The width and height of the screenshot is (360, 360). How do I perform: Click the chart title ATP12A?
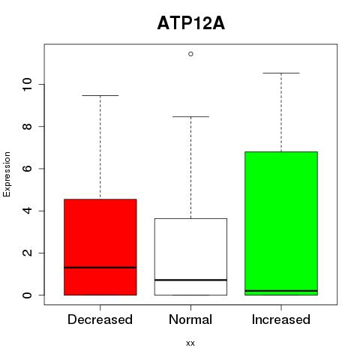pyautogui.click(x=191, y=23)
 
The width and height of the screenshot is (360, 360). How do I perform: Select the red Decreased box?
pyautogui.click(x=100, y=247)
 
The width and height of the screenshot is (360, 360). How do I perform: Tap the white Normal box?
pyautogui.click(x=190, y=256)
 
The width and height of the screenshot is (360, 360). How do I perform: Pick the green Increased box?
pyautogui.click(x=281, y=223)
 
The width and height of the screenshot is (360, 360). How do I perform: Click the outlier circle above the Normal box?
pyautogui.click(x=190, y=54)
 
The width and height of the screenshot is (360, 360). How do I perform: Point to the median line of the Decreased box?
pyautogui.click(x=100, y=268)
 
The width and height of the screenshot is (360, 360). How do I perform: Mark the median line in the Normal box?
pyautogui.click(x=190, y=280)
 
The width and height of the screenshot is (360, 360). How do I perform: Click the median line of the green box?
pyautogui.click(x=281, y=291)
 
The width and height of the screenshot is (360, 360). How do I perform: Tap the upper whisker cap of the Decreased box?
pyautogui.click(x=100, y=95)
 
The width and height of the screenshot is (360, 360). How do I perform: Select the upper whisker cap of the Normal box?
pyautogui.click(x=190, y=116)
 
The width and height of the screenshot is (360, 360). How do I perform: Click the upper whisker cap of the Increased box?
pyautogui.click(x=281, y=73)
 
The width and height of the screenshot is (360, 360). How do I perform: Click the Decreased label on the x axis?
pyautogui.click(x=100, y=319)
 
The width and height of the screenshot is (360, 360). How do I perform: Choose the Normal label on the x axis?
pyautogui.click(x=190, y=319)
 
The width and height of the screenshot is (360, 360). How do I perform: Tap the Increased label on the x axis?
pyautogui.click(x=281, y=319)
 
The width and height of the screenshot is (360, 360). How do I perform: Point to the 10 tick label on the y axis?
pyautogui.click(x=27, y=84)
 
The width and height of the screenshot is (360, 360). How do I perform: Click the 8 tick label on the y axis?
pyautogui.click(x=27, y=127)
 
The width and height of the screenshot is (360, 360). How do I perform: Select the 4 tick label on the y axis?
pyautogui.click(x=27, y=211)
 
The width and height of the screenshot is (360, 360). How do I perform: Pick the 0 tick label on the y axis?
pyautogui.click(x=27, y=295)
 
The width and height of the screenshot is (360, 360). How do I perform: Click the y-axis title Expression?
pyautogui.click(x=7, y=174)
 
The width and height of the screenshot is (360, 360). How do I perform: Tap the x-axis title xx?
pyautogui.click(x=190, y=343)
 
